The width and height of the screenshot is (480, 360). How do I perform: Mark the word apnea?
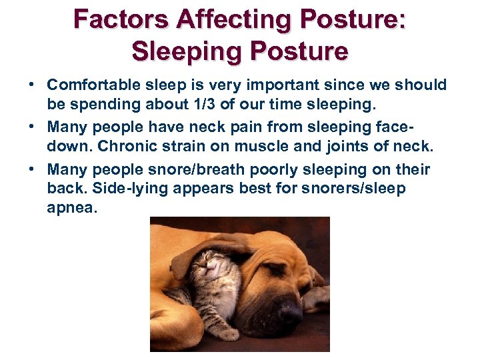click(x=72, y=209)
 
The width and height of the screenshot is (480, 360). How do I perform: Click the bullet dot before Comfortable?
click(x=31, y=86)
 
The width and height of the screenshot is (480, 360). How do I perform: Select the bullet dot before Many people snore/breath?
click(x=31, y=169)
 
